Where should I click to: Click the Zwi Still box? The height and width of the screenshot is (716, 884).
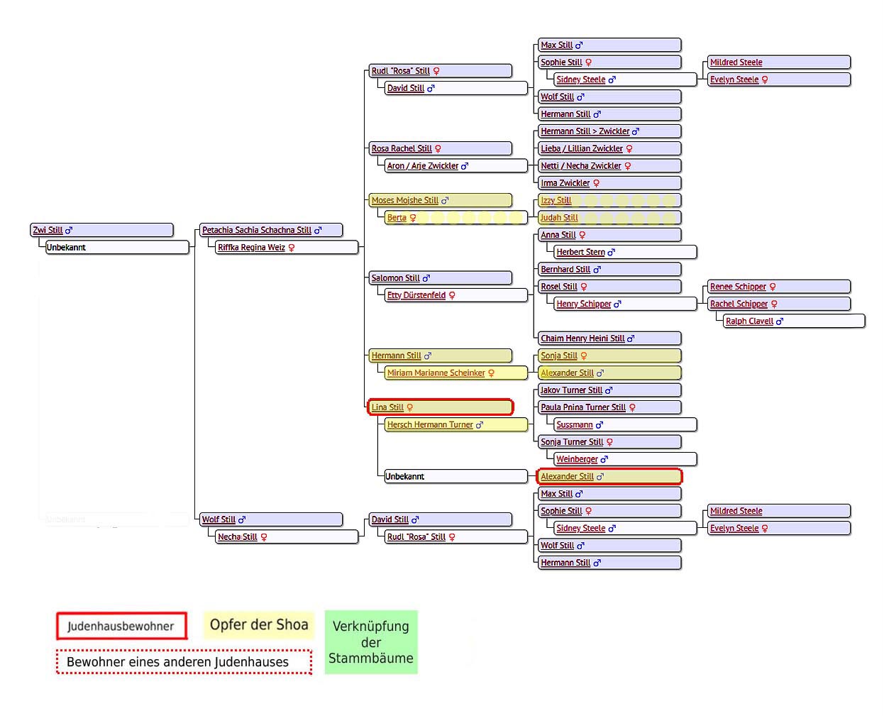[x=101, y=229]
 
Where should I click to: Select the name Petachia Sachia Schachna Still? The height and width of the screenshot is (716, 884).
[x=257, y=230]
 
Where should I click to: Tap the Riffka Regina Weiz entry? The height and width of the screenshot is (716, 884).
[x=287, y=248]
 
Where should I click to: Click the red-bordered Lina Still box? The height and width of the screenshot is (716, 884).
[x=440, y=407]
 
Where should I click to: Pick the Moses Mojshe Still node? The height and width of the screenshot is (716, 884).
[x=440, y=200]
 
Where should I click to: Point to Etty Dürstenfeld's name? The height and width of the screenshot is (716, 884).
[x=416, y=295]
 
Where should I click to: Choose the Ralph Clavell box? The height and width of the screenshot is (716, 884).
[x=794, y=321]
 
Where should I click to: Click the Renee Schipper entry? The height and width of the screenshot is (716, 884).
[x=778, y=287]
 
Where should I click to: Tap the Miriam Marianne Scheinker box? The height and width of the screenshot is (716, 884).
[x=455, y=373]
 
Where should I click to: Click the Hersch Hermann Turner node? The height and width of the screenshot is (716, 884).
[x=455, y=424]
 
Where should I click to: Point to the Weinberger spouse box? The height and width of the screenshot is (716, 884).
[x=625, y=459]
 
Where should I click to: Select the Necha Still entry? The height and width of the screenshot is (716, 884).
[x=287, y=536]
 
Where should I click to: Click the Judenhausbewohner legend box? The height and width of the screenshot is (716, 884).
[x=121, y=625]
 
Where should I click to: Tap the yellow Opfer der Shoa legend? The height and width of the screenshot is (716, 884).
[x=258, y=624]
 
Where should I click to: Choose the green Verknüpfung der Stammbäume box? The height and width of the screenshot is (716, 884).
[x=370, y=641]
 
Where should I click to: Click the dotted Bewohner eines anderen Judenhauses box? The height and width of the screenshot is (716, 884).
[x=184, y=661]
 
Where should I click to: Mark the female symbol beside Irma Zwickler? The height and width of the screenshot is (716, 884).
[x=596, y=183]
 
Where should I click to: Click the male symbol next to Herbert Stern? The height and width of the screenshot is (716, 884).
[x=611, y=252]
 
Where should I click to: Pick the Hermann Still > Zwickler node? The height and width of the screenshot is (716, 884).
[x=609, y=131]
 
